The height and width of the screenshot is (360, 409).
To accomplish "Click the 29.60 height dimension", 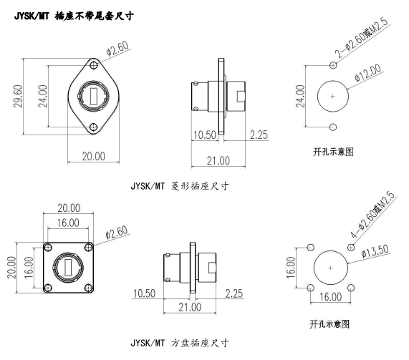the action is point(18,96).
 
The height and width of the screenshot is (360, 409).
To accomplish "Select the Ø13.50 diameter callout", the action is point(375,251).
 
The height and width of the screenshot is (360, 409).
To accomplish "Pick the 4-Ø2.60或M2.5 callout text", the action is point(373,214).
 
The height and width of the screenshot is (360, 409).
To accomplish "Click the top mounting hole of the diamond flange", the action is point(93,65).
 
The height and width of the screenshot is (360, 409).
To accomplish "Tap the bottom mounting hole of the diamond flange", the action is point(93,127).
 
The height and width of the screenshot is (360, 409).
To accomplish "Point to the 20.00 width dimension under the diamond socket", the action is point(94,157).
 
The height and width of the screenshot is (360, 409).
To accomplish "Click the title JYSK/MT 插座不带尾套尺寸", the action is point(74,16).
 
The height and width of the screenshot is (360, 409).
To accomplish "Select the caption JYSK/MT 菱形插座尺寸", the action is point(180,186).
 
